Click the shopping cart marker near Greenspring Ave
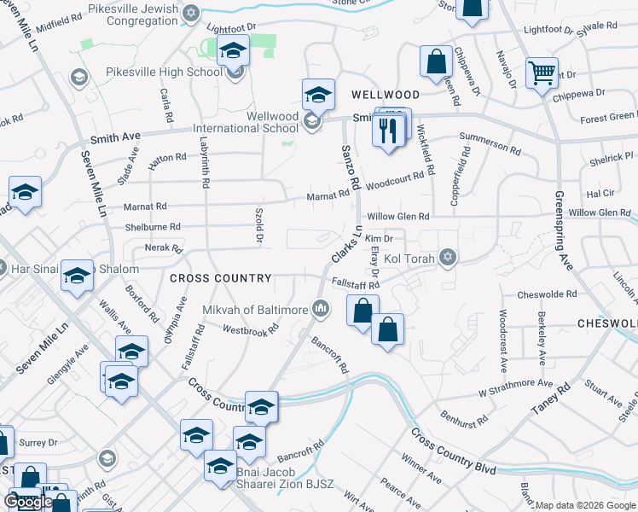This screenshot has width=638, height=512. [542, 73]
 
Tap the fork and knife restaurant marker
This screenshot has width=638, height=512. [387, 131]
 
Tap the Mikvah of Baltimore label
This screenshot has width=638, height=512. [254, 310]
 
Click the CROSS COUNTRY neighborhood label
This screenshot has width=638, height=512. [220, 278]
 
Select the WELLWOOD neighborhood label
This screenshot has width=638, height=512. [383, 95]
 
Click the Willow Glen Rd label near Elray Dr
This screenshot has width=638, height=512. [399, 217]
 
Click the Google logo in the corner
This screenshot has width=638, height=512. [28, 502]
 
